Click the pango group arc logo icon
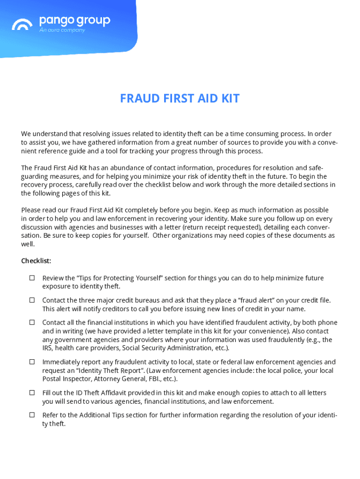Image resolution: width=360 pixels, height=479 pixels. (x=22, y=24)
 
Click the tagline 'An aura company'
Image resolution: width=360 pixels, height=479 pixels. (x=62, y=30)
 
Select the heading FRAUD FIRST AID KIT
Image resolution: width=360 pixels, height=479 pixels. (x=180, y=99)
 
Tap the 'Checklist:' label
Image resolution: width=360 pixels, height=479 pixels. (x=36, y=261)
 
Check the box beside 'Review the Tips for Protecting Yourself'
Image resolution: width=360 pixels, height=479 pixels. (x=32, y=278)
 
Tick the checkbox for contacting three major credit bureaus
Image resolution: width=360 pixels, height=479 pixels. (x=32, y=300)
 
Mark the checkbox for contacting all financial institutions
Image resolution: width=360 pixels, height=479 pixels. (x=32, y=322)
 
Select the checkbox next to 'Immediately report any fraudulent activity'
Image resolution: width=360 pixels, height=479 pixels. (x=32, y=362)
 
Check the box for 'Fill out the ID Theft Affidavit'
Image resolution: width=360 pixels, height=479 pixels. (x=32, y=392)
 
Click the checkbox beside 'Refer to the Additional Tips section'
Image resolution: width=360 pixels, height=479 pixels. (x=32, y=415)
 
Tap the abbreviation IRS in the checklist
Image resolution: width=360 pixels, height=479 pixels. (x=48, y=348)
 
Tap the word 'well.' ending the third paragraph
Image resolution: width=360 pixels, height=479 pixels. (x=28, y=244)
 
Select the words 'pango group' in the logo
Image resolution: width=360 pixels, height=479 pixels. (x=75, y=21)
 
